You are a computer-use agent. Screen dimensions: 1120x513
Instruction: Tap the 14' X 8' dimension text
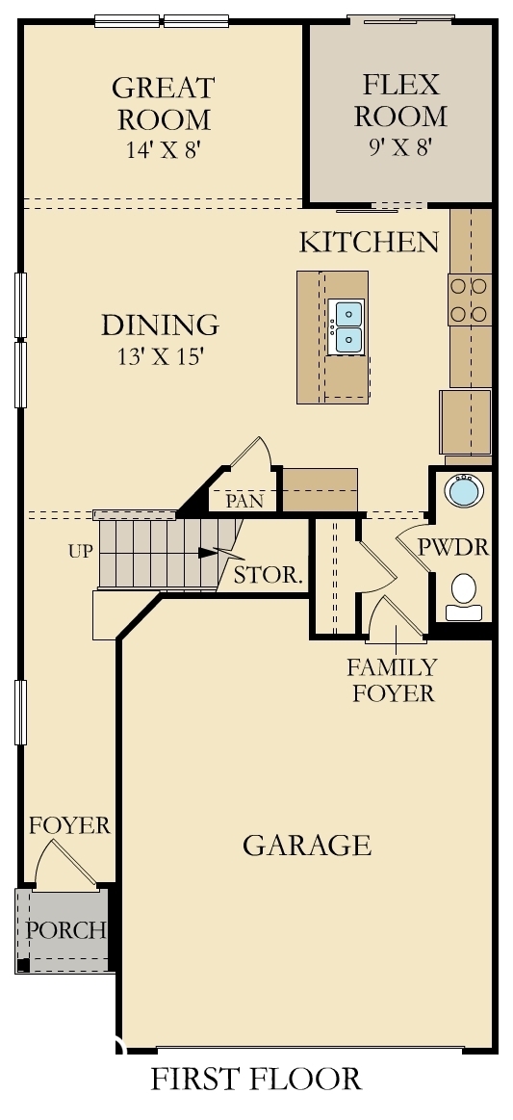pyautogui.click(x=163, y=150)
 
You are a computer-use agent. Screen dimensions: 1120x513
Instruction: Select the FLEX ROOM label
pyautogui.click(x=400, y=100)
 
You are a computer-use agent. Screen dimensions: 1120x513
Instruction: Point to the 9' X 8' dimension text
pyautogui.click(x=400, y=147)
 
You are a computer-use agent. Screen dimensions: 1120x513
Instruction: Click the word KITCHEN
pyautogui.click(x=369, y=242)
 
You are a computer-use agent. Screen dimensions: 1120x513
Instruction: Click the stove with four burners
pyautogui.click(x=469, y=300)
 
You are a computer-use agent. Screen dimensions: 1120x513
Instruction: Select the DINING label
pyautogui.click(x=160, y=326)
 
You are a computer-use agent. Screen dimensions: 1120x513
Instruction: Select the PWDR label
pyautogui.click(x=453, y=548)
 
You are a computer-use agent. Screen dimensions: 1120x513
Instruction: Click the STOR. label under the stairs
pyautogui.click(x=269, y=577)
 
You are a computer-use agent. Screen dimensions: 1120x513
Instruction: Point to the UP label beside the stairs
pyautogui.click(x=80, y=552)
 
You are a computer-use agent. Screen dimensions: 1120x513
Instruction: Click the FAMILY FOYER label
pyautogui.click(x=392, y=679)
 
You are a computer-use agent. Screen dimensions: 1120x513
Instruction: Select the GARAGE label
pyautogui.click(x=306, y=846)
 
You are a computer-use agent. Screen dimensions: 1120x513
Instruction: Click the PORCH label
pyautogui.click(x=65, y=931)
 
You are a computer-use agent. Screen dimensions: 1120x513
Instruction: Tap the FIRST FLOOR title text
pyautogui.click(x=256, y=1079)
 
